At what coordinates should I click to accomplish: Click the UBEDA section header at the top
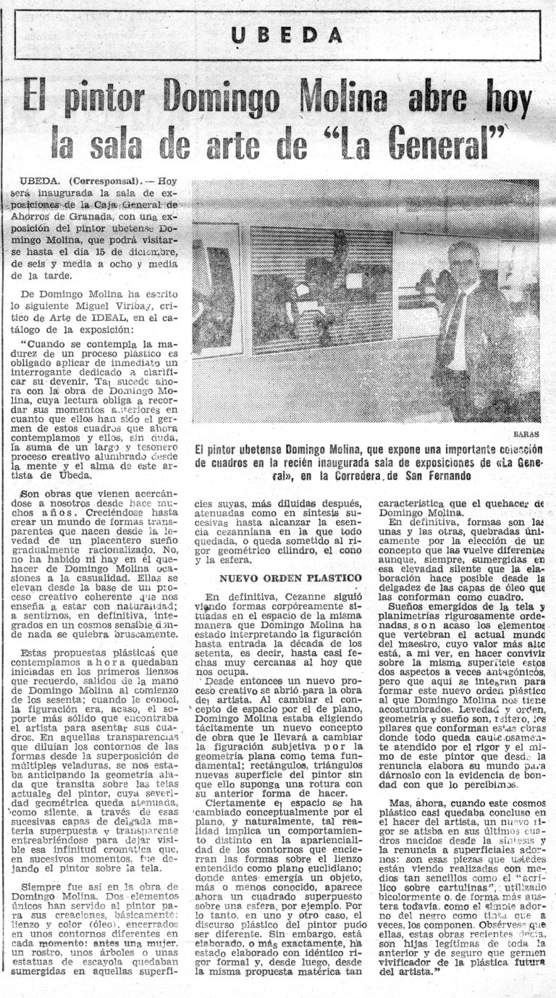[287, 35]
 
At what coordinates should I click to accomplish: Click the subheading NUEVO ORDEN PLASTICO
[290, 578]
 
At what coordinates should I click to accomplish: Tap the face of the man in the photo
[464, 259]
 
